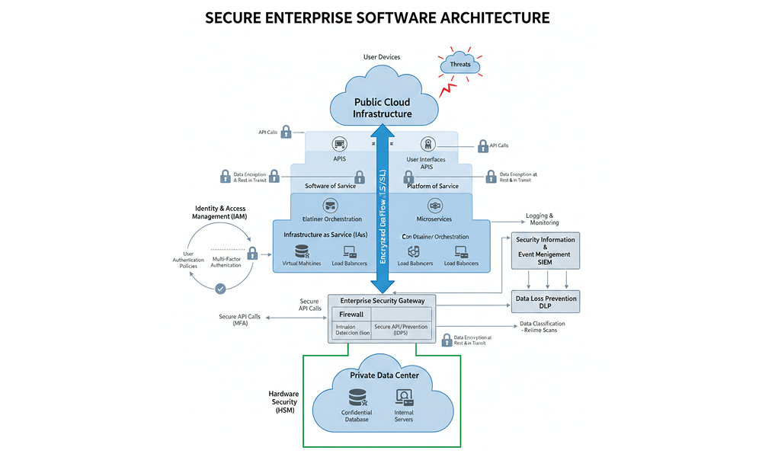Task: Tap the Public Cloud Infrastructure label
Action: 383,107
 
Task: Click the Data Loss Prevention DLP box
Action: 546,302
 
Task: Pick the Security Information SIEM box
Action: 546,251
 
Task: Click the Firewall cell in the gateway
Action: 351,314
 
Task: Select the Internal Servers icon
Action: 404,398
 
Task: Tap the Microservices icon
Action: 435,205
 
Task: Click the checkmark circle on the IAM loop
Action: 220,289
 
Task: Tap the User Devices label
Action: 381,57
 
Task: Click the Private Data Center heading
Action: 384,375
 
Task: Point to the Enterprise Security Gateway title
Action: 382,300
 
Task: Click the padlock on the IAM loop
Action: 251,254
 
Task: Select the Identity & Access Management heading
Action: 221,213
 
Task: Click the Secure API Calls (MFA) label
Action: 239,320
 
